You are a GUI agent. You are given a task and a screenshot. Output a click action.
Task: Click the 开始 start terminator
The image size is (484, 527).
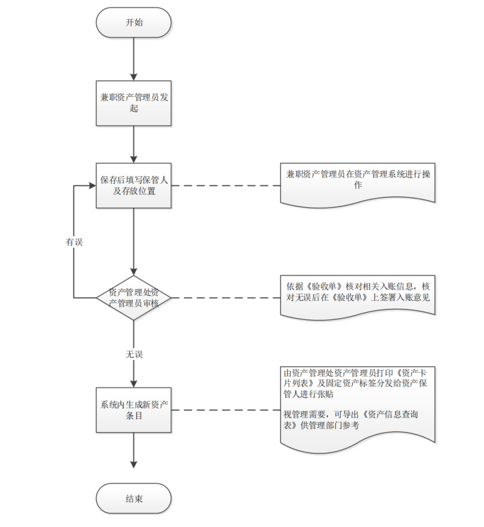(x=134, y=23)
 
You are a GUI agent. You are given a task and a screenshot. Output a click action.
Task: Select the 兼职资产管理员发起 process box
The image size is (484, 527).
(x=134, y=103)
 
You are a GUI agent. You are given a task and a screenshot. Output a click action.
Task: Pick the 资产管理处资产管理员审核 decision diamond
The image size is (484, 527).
(x=134, y=297)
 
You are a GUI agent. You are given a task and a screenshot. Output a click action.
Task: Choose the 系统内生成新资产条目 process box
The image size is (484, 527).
(x=134, y=410)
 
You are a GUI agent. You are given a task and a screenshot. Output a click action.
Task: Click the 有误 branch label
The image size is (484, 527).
(x=74, y=242)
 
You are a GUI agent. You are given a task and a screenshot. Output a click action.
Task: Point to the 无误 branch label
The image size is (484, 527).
(x=134, y=354)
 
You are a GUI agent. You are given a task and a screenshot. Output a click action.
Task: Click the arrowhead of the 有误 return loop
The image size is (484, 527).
(x=93, y=186)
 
